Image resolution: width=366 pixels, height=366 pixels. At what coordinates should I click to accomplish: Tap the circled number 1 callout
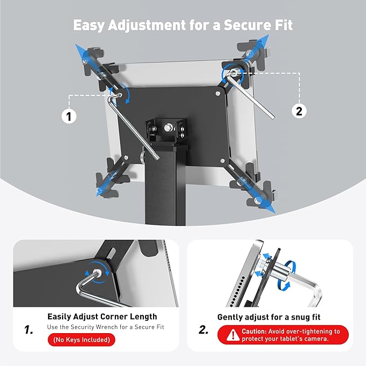[x=68, y=116]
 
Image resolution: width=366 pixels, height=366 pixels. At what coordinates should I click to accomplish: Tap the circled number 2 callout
[x=300, y=111]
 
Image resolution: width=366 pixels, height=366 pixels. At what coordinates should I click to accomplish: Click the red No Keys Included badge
[x=81, y=340]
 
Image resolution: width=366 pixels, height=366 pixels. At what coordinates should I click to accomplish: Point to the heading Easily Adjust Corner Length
[x=102, y=317]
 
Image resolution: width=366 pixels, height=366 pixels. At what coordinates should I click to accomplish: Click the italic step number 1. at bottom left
[x=29, y=329]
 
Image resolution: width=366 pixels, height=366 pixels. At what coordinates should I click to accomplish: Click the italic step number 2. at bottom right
[x=203, y=329]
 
